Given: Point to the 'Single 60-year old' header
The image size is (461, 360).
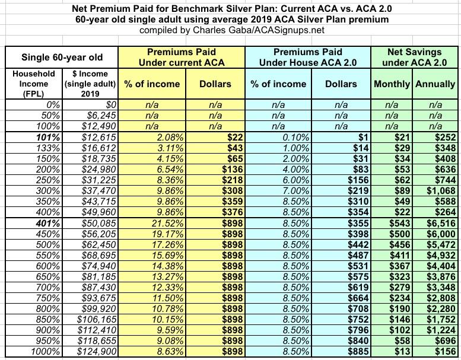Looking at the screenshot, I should (62, 58).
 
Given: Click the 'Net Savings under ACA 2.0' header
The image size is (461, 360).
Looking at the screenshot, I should (414, 58).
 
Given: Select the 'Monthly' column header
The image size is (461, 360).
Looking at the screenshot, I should (392, 84).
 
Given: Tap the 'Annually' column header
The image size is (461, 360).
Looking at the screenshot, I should (435, 84).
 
